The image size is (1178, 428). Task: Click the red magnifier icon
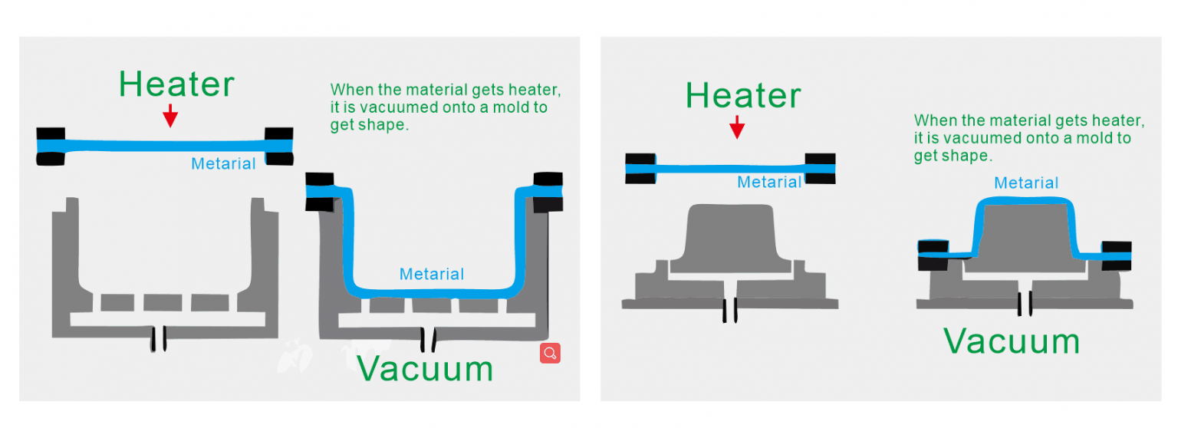pos(550,353)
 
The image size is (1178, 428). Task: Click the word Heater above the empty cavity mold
pos(176,84)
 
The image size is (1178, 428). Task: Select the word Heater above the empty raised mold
pos(742,96)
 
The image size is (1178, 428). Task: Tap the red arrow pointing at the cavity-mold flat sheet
pos(170,117)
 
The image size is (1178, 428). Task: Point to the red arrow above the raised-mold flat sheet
pos(737,127)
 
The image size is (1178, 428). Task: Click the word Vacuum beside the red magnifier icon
pos(425,368)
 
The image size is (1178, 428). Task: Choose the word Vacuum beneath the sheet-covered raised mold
pos(1011,341)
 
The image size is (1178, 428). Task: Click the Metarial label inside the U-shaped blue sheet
pos(432,274)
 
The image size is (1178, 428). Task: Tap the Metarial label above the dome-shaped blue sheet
pos(1026,183)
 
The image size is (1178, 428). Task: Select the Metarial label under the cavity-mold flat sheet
pos(223,163)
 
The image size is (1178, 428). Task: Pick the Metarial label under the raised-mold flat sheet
pos(769,182)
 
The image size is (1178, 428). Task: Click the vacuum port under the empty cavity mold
pos(159,338)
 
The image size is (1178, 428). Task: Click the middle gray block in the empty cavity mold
pos(163,302)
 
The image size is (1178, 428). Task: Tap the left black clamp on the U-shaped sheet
pos(320,192)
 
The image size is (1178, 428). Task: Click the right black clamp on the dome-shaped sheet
pos(1116,255)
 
